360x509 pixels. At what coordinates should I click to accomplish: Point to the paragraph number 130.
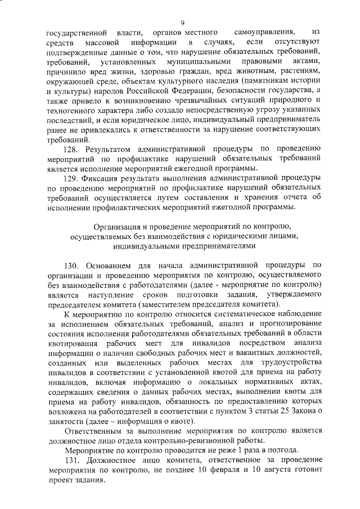[78, 265]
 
